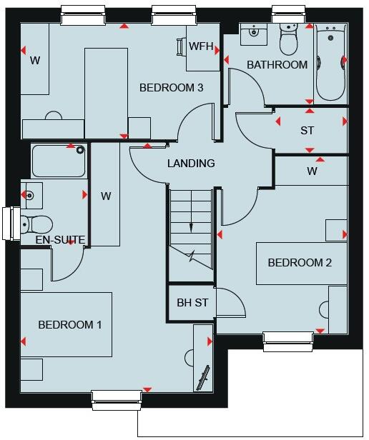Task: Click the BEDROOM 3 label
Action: pyautogui.click(x=171, y=88)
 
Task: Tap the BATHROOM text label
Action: pyautogui.click(x=277, y=65)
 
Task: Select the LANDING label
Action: pyautogui.click(x=191, y=164)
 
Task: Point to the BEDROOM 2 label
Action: pyautogui.click(x=300, y=263)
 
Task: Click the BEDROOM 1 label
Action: pyautogui.click(x=69, y=324)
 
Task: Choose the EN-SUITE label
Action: pyautogui.click(x=61, y=240)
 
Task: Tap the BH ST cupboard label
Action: pyautogui.click(x=192, y=302)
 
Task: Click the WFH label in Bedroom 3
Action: pyautogui.click(x=201, y=47)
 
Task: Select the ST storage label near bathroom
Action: pyautogui.click(x=307, y=131)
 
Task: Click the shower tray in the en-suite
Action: pyautogui.click(x=59, y=161)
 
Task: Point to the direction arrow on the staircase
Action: pyautogui.click(x=191, y=227)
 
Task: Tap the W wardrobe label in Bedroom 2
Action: pyautogui.click(x=312, y=171)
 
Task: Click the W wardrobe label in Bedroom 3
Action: pyautogui.click(x=34, y=61)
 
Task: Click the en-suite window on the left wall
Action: pyautogui.click(x=11, y=224)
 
